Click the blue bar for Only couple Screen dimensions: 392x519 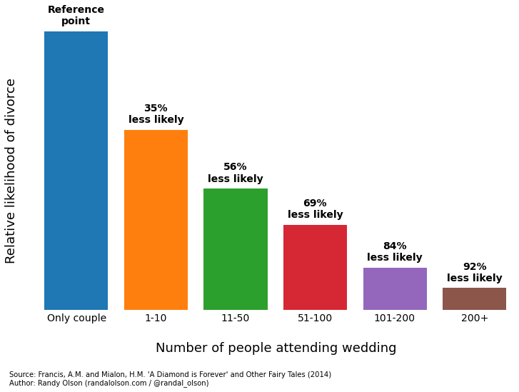[76, 171]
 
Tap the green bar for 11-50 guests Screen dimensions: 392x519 [236, 249]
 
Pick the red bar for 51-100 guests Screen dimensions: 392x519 [315, 267]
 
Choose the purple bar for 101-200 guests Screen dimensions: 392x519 [395, 288]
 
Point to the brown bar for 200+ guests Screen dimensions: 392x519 [474, 298]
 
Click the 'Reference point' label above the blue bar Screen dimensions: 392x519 [76, 16]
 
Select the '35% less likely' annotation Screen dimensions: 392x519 [156, 114]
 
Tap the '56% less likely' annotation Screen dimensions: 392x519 [236, 173]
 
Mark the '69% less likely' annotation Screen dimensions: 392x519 [315, 209]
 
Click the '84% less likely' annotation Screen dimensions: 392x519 [395, 252]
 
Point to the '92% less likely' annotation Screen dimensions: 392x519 [474, 273]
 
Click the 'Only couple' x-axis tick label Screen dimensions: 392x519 [76, 318]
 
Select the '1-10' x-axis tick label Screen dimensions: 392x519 [156, 318]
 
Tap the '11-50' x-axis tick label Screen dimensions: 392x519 [236, 318]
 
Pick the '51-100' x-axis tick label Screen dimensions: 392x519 [315, 318]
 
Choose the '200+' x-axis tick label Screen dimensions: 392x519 [474, 318]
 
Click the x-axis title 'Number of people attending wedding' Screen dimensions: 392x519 [276, 348]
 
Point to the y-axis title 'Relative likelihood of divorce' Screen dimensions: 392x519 [11, 171]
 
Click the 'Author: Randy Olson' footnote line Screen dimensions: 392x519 [109, 383]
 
